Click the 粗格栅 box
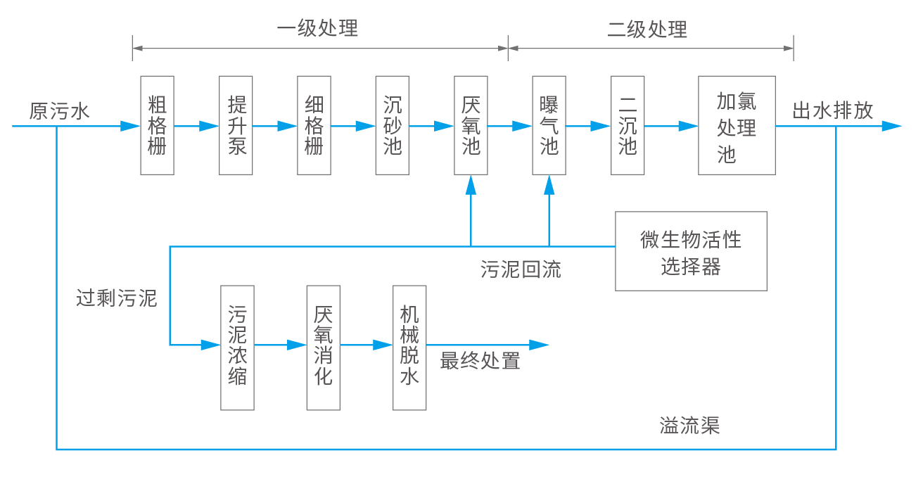pos(158,125)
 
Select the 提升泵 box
pos(236,125)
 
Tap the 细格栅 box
pos(314,125)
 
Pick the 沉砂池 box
pos(393,125)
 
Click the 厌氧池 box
pos(471,125)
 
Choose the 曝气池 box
pos(549,125)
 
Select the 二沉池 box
pos(628,125)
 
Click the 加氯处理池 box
pos(737,125)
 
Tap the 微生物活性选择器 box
pos(691,251)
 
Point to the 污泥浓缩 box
pos(237,348)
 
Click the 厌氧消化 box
pos(324,348)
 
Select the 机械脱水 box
pos(409,348)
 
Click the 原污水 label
pos(60,111)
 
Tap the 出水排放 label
pos(832,110)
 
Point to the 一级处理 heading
pos(317,28)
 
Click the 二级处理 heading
pos(647,29)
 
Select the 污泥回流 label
pos(521,269)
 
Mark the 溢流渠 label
pos(689,426)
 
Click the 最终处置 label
pos(480,362)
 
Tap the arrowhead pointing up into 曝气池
pos(549,184)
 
